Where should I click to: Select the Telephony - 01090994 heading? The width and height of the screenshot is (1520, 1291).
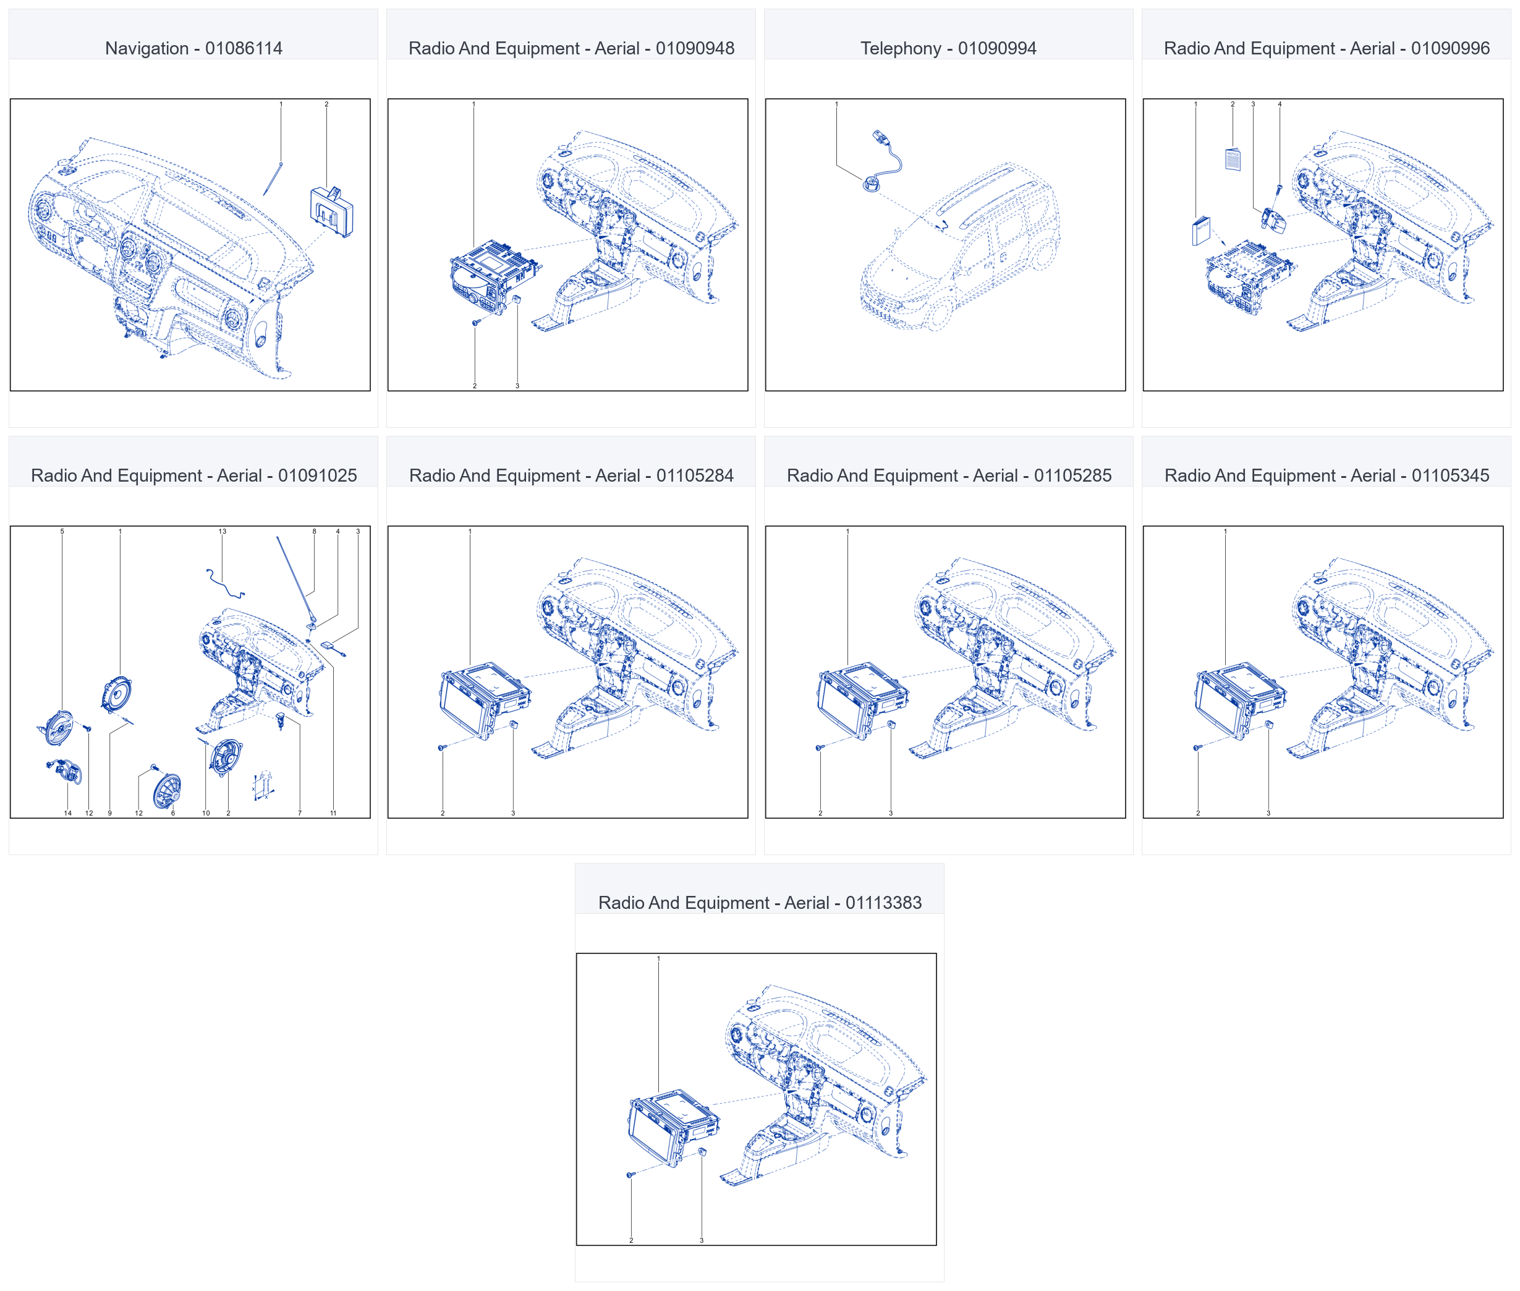click(948, 48)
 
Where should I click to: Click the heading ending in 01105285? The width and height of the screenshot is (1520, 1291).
click(949, 475)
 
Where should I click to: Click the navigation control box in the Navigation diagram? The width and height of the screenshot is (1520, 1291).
click(331, 211)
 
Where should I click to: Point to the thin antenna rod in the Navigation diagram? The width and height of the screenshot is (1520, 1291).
click(272, 179)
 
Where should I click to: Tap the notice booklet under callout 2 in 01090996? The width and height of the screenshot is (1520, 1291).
click(1233, 159)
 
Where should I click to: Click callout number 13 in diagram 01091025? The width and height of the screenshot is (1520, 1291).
click(223, 531)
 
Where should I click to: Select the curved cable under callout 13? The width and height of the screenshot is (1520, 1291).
click(224, 584)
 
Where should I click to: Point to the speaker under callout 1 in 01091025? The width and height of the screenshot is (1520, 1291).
click(117, 694)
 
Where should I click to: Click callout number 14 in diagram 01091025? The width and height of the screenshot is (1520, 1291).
click(68, 813)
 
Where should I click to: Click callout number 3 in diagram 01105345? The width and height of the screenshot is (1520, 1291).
click(1268, 813)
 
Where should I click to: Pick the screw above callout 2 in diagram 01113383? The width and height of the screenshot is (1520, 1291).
click(630, 1175)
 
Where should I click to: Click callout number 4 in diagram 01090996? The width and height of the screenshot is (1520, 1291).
click(1280, 104)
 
